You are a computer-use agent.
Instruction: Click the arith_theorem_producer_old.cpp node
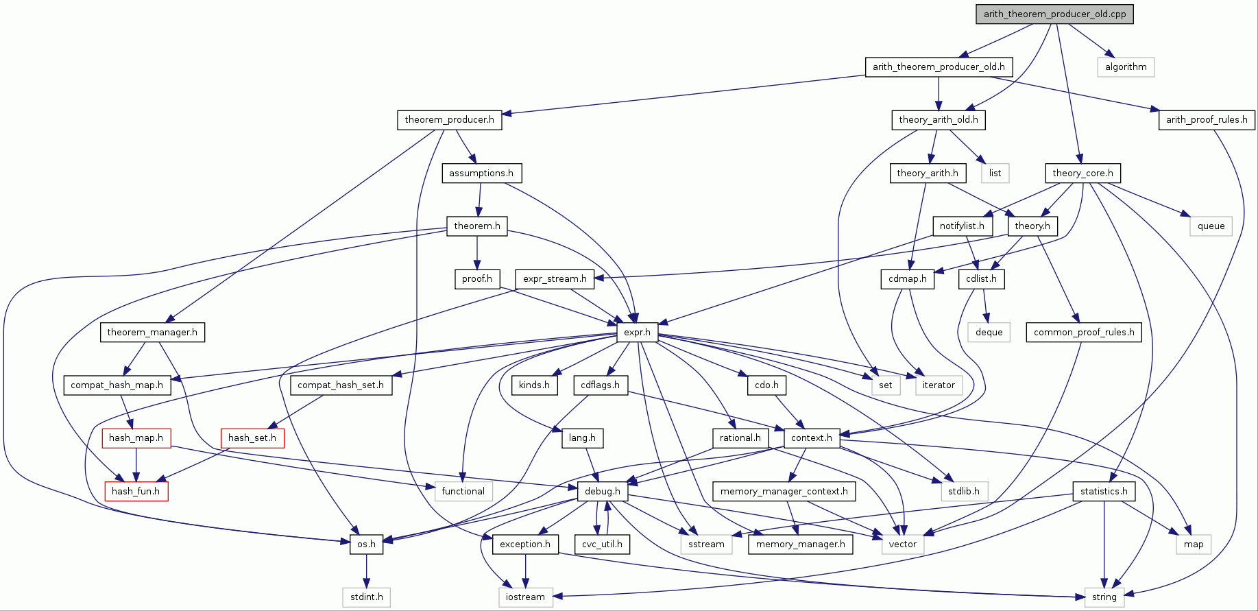tap(1054, 14)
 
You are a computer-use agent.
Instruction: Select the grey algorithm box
tap(1126, 67)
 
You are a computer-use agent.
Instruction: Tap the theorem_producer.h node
tap(449, 120)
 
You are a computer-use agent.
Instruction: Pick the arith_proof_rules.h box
tap(1207, 120)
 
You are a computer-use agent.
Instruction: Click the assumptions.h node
tap(481, 173)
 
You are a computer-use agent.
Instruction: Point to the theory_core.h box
tap(1082, 173)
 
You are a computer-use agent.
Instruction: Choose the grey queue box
tap(1211, 226)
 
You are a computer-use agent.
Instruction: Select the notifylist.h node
tap(962, 226)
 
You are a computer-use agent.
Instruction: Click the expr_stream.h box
tap(555, 279)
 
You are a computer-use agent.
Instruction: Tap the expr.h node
tap(637, 333)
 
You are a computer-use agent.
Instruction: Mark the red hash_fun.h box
tap(136, 491)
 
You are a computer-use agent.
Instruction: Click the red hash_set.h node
tap(252, 438)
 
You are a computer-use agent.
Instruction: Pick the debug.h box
tap(603, 491)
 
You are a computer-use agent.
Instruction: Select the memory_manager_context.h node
tap(784, 491)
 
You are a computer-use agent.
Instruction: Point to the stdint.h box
tap(366, 597)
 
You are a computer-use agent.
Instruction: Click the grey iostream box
tap(525, 597)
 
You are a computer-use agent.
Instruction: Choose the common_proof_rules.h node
tap(1083, 333)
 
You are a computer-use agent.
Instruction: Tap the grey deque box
tap(989, 333)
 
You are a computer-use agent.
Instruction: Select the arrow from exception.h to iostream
tap(526, 571)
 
